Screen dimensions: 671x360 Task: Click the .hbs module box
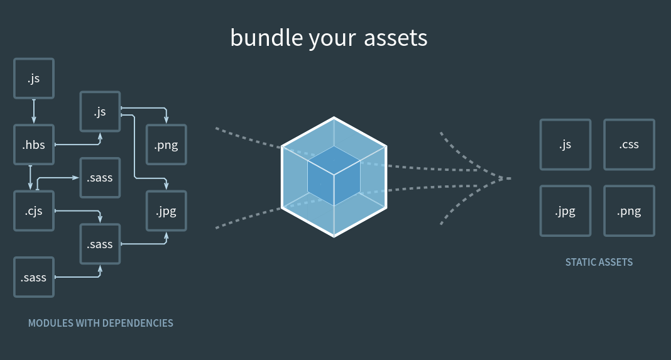point(34,145)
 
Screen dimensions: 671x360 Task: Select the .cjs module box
point(34,211)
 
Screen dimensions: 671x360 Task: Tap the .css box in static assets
point(629,145)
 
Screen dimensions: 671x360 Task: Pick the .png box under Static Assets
point(629,211)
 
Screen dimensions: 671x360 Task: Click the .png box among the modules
point(166,145)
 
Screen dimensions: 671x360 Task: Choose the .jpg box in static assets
point(565,211)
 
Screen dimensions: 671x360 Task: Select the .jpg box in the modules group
point(166,211)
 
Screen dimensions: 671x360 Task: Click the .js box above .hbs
point(34,79)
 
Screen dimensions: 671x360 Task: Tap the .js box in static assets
point(565,145)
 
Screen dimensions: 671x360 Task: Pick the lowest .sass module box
point(34,278)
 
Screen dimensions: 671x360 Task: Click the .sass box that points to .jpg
point(100,244)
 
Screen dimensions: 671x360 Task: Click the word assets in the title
point(395,38)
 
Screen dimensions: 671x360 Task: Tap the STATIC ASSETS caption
point(599,262)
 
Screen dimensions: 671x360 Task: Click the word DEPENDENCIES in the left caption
point(138,323)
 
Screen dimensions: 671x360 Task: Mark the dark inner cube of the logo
point(334,176)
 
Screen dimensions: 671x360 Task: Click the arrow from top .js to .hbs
point(34,111)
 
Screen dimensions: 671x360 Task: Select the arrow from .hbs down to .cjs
point(30,177)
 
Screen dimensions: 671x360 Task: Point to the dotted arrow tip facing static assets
point(510,178)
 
